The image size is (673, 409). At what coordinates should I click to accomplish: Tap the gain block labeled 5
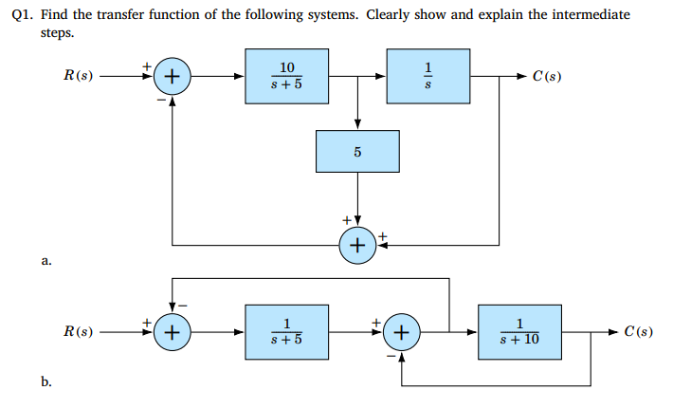click(357, 151)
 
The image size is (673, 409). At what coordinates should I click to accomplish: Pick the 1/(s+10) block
click(520, 332)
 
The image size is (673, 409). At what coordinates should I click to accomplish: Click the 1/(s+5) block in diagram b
click(287, 332)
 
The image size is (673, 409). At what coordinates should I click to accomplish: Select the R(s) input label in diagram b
click(78, 332)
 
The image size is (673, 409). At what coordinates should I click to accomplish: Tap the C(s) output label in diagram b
click(631, 332)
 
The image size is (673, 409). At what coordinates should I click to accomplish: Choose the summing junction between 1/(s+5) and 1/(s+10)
click(403, 332)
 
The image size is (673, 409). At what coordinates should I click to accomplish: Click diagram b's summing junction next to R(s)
click(172, 332)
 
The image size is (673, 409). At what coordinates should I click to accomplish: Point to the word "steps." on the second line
click(56, 32)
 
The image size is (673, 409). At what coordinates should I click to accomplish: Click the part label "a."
click(45, 258)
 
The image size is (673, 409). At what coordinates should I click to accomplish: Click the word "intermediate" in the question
click(591, 15)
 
